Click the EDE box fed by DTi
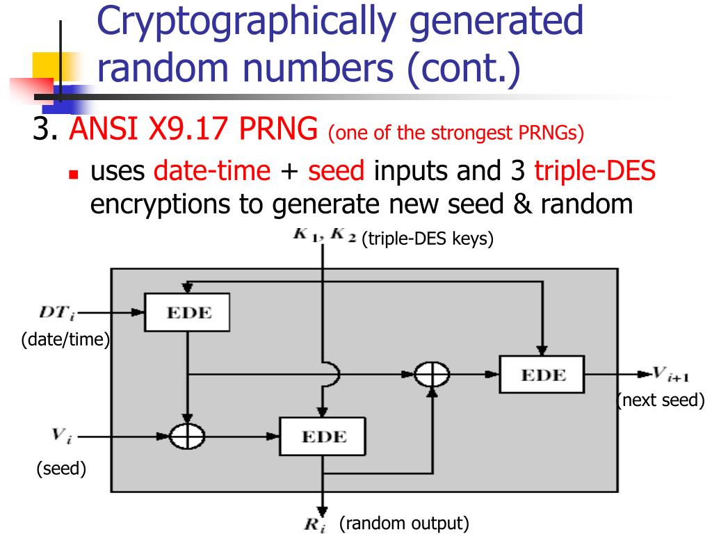pos(187,312)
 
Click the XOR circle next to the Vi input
pos(188,437)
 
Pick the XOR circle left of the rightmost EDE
pos(432,375)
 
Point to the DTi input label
pos(56,314)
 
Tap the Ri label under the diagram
pos(315,525)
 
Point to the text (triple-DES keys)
pos(427,240)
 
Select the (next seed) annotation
pos(661,400)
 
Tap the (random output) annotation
pos(403,524)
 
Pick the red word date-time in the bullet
pos(212,170)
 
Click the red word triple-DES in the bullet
pos(594,170)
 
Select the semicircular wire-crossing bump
pos(334,375)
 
